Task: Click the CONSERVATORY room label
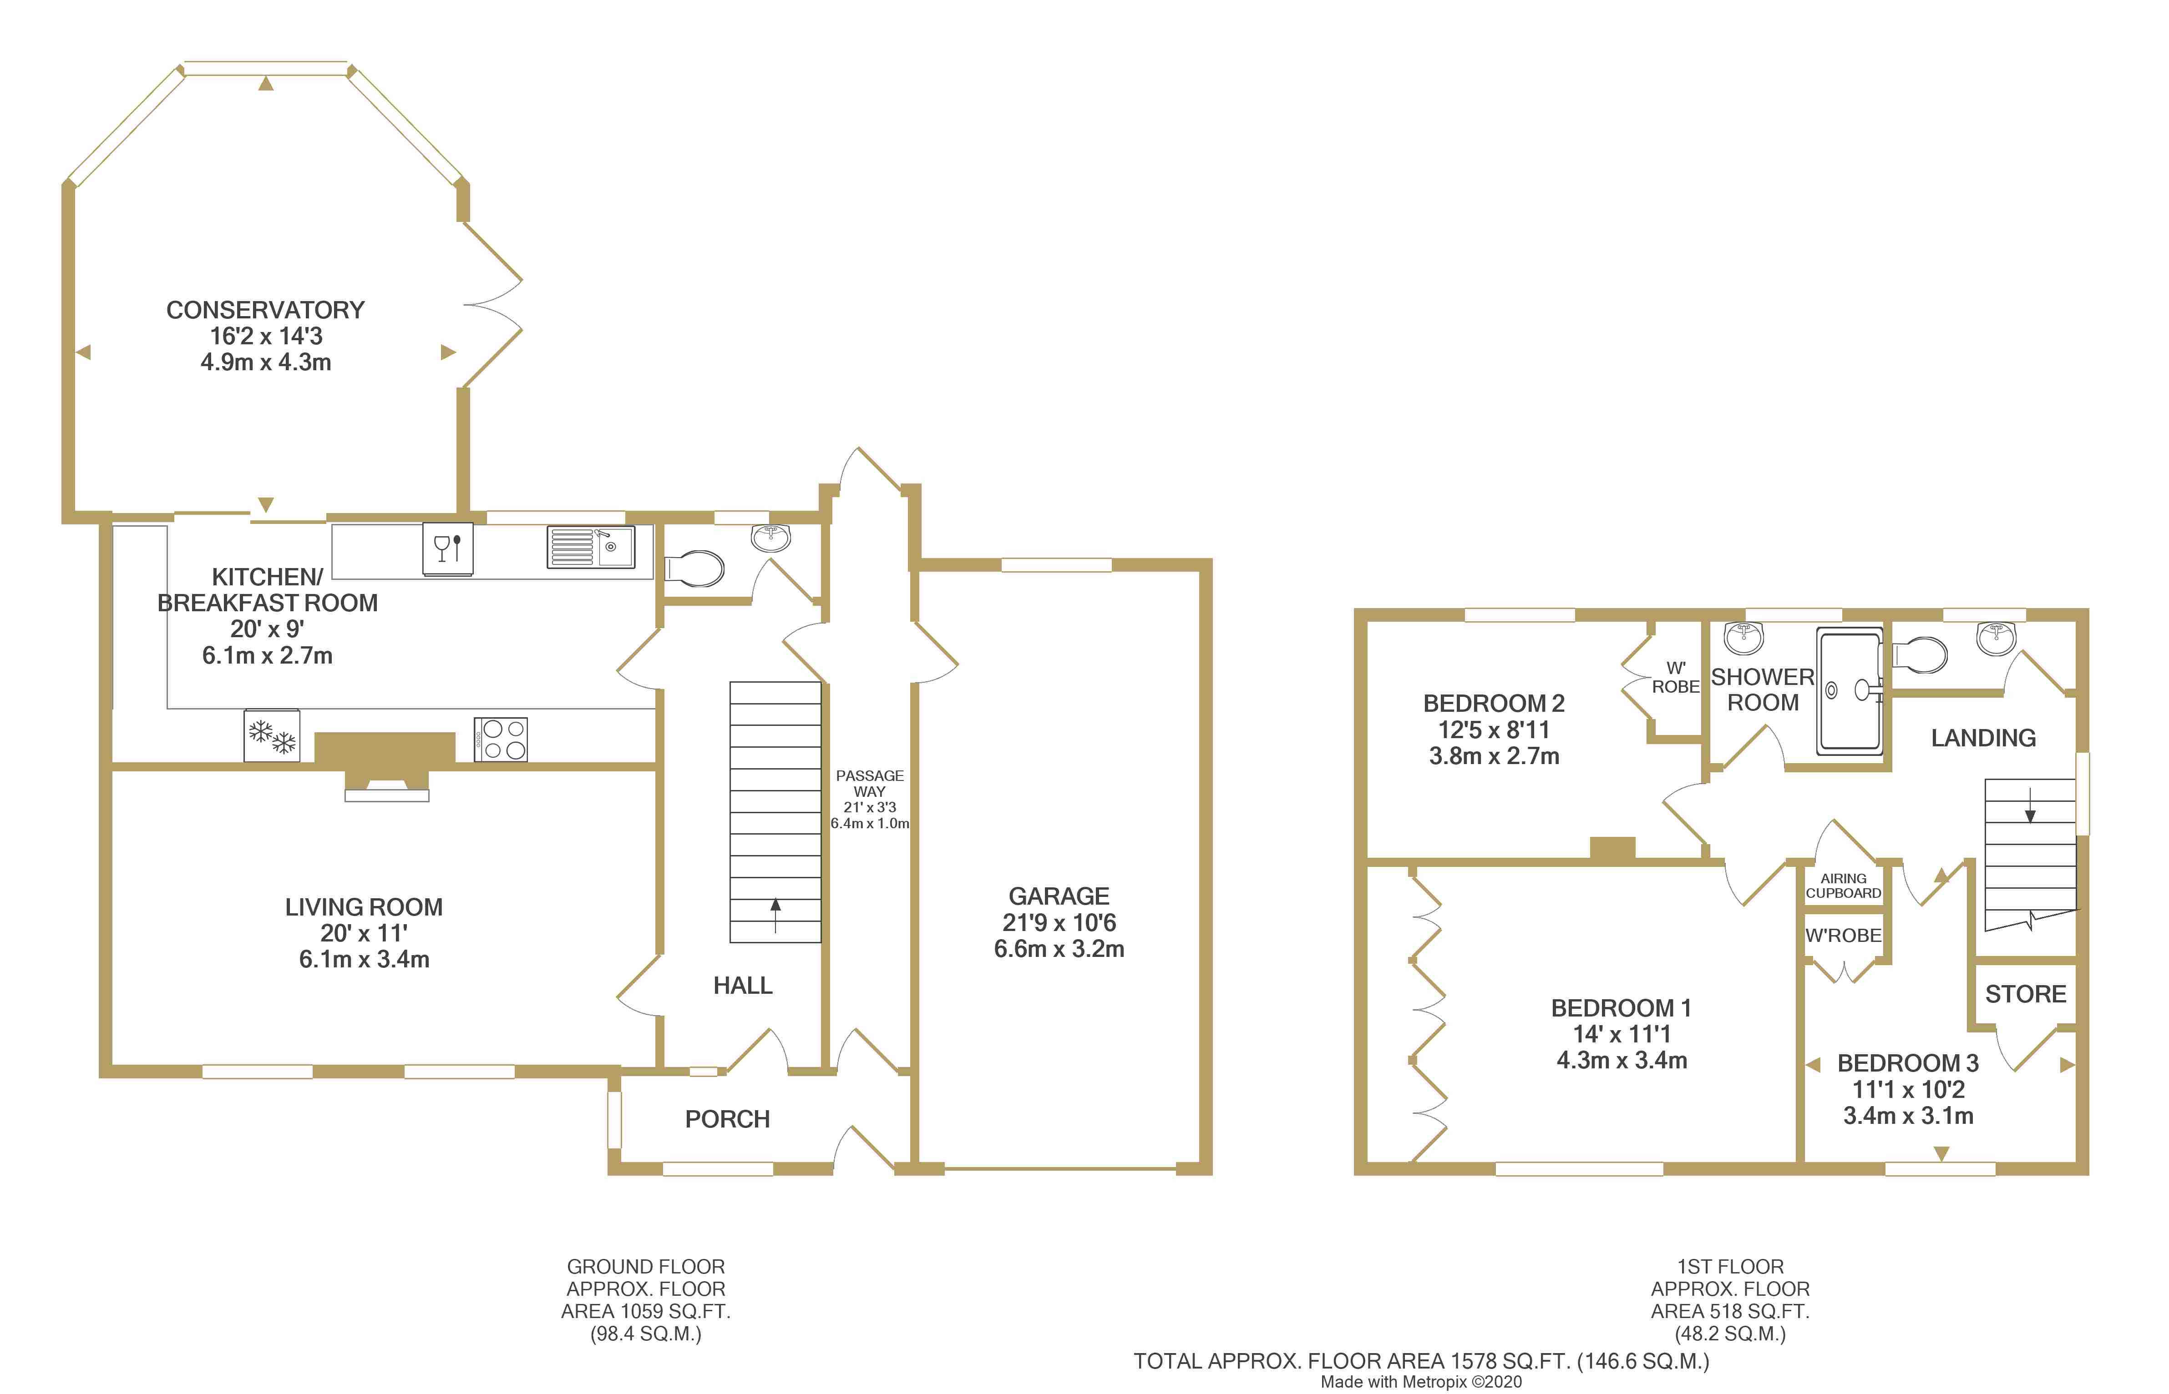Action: pyautogui.click(x=265, y=310)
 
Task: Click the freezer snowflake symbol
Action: pyautogui.click(x=272, y=736)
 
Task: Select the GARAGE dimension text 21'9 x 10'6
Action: pyautogui.click(x=1059, y=922)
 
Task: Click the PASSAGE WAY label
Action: pyautogui.click(x=869, y=783)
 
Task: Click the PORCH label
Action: pyautogui.click(x=727, y=1120)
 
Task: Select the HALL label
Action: pyautogui.click(x=743, y=986)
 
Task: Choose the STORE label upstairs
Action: pyautogui.click(x=2026, y=994)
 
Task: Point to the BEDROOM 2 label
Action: pyautogui.click(x=1493, y=703)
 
